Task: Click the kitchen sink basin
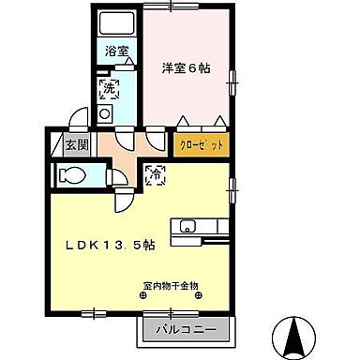pyautogui.click(x=187, y=227)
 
